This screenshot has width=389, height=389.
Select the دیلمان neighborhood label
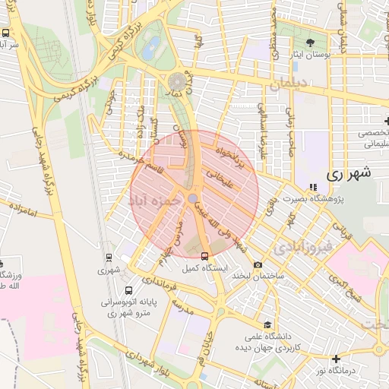285,86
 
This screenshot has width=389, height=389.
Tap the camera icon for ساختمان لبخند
258,265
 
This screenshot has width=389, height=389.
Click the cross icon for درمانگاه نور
337,358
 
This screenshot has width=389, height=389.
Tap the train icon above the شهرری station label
109,257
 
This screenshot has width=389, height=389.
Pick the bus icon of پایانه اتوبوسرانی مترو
128,289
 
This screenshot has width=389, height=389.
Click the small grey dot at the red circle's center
193,198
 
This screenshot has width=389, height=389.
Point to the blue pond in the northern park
152,44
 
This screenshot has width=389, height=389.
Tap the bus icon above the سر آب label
6,33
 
